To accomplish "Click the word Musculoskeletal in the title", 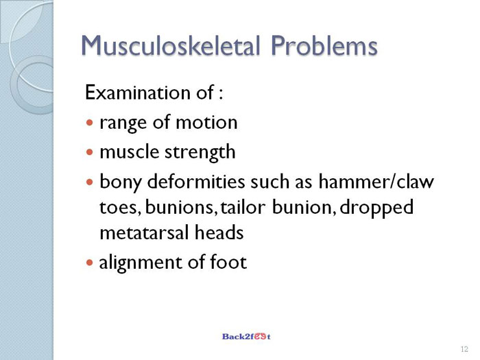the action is coord(171,46).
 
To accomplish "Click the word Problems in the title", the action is coord(324,46).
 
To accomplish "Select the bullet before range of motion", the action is coord(89,123).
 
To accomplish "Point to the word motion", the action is coord(206,123).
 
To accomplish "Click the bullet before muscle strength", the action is coord(89,152).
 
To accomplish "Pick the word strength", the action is coord(200,152).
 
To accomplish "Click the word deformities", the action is coord(196,181).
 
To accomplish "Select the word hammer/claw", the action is coord(376,181).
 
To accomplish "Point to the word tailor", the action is coord(243,207).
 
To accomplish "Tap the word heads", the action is coord(219,232).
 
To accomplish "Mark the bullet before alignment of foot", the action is coord(89,263).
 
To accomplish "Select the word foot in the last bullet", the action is coord(228,262).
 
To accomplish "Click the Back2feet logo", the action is coord(246,337).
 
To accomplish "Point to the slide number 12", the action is coord(464,349).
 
